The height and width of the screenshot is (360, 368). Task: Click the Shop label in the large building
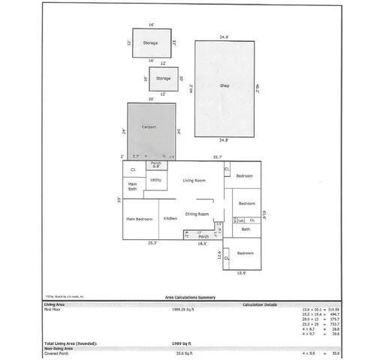coord(224,86)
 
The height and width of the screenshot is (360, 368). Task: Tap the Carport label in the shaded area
coord(149,127)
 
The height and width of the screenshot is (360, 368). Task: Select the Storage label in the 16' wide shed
coord(150,43)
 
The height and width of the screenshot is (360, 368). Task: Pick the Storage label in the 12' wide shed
coord(163,78)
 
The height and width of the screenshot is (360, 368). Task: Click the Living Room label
coord(195,181)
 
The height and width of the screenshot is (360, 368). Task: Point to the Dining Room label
coord(197,214)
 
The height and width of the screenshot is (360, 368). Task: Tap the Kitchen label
coord(170,218)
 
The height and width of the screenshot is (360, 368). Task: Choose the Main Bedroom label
coord(140,219)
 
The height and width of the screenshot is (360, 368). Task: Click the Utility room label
coord(156,180)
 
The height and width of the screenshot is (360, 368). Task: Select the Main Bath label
coord(132,186)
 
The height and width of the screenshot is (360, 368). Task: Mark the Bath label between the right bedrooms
coord(246,229)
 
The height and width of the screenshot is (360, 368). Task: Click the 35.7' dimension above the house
coord(217,157)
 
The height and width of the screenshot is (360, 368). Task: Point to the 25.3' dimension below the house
coord(153,243)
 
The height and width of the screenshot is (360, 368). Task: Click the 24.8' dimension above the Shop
coord(224,37)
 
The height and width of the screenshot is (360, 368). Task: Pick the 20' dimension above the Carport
coord(151,98)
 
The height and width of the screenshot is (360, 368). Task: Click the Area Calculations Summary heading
coord(190,298)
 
